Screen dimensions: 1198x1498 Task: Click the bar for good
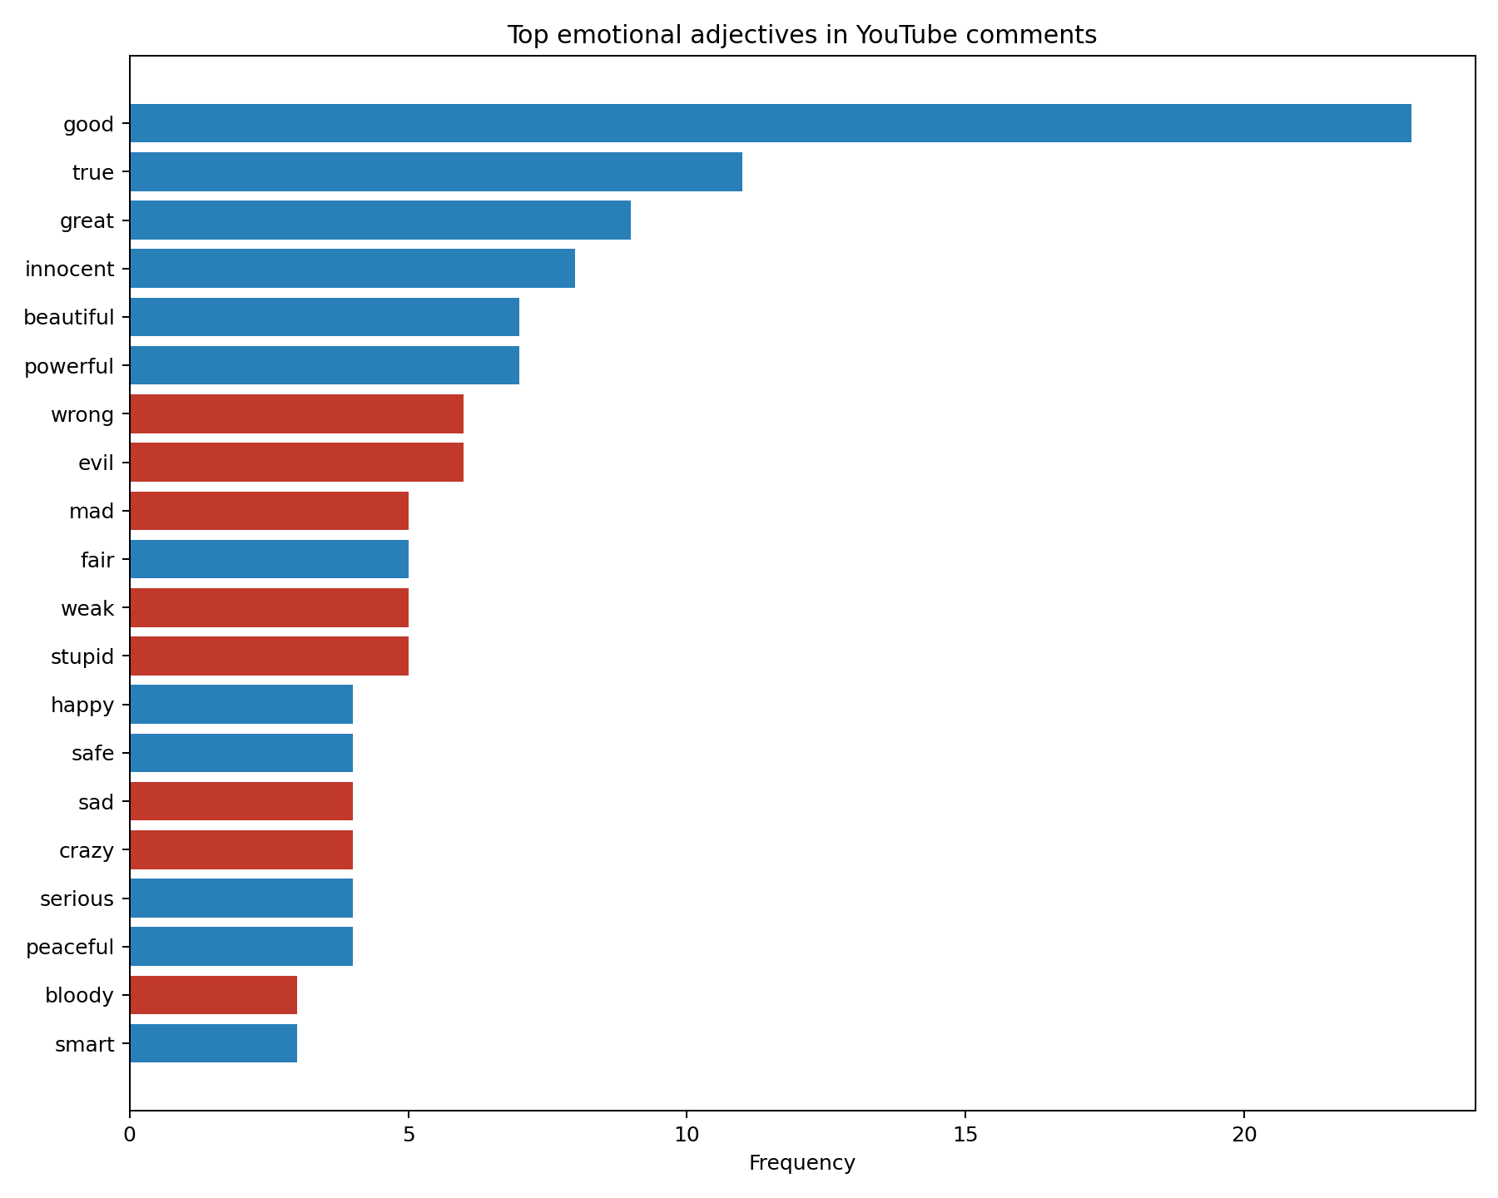click(x=770, y=123)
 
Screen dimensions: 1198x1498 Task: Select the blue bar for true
click(x=435, y=171)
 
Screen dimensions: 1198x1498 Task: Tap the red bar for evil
click(x=296, y=462)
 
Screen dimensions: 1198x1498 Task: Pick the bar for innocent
click(x=352, y=268)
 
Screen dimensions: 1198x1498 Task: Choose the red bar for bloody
click(x=213, y=994)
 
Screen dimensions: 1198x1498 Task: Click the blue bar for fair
click(x=269, y=558)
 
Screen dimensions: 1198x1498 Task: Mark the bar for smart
click(x=213, y=1042)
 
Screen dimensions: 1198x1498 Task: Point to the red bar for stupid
click(x=269, y=656)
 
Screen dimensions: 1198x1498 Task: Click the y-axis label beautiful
click(x=69, y=317)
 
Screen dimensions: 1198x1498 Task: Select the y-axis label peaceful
click(x=70, y=947)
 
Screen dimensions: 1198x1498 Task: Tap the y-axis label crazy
click(x=87, y=850)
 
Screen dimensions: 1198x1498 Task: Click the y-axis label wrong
click(x=82, y=414)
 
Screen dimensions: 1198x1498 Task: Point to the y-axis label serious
click(x=77, y=898)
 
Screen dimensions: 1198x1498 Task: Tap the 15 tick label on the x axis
click(x=965, y=1133)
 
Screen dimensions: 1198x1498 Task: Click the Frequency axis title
click(x=801, y=1162)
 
